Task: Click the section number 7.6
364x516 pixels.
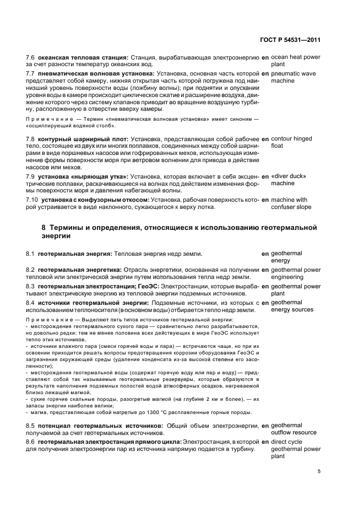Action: (x=31, y=57)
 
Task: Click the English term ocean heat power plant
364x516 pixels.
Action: (x=295, y=61)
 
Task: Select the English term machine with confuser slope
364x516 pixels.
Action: (x=291, y=203)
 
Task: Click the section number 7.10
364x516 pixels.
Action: (x=32, y=200)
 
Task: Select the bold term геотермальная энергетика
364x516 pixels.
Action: (x=83, y=270)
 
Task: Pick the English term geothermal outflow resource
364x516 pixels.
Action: (x=294, y=428)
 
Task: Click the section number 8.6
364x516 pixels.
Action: (x=31, y=442)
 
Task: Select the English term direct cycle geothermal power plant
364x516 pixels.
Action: (x=296, y=449)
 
